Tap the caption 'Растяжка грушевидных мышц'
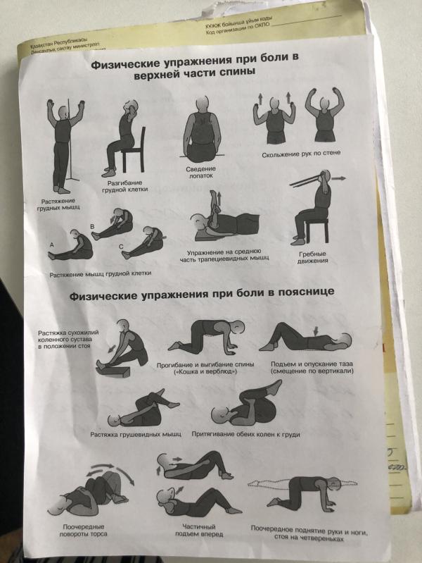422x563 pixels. coord(136,434)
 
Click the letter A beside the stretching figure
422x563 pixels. coord(51,243)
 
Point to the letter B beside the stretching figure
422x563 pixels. coord(91,225)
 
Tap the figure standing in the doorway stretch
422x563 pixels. coord(63,141)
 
